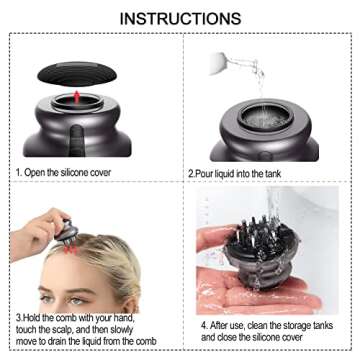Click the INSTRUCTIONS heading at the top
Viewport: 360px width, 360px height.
click(180, 18)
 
